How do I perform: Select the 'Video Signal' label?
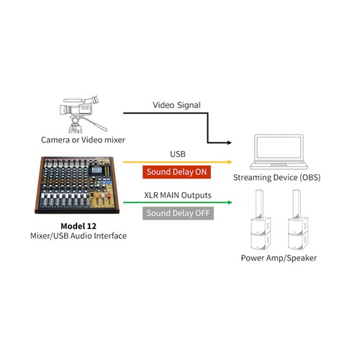pyautogui.click(x=176, y=105)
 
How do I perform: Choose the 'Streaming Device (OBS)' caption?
pyautogui.click(x=276, y=177)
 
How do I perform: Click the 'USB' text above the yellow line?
pyautogui.click(x=177, y=153)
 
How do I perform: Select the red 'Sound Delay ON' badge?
pyautogui.click(x=177, y=173)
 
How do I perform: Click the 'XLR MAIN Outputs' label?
pyautogui.click(x=177, y=194)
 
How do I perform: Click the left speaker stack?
pyautogui.click(x=258, y=219)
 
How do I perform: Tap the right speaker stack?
pyautogui.click(x=297, y=219)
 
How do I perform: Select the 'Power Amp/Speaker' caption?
pyautogui.click(x=277, y=258)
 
